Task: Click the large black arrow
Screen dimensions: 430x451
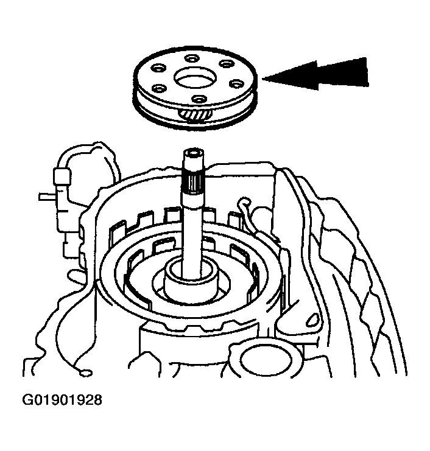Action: (317, 75)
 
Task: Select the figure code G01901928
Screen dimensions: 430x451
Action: (62, 400)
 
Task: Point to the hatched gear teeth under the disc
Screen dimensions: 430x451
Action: (195, 115)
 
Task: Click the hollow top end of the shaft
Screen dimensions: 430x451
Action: (193, 153)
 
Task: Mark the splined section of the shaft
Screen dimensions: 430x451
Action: (193, 183)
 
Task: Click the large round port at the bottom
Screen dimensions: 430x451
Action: (266, 361)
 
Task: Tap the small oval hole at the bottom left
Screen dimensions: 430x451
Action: (86, 373)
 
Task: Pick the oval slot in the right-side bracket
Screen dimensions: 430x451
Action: (312, 319)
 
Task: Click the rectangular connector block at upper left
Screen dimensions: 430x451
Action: (62, 177)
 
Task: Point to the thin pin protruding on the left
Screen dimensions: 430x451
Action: (48, 197)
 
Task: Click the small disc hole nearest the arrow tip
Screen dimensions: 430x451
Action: (236, 83)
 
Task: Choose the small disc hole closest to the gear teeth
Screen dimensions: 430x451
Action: (199, 99)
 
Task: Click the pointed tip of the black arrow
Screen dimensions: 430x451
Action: (263, 79)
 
